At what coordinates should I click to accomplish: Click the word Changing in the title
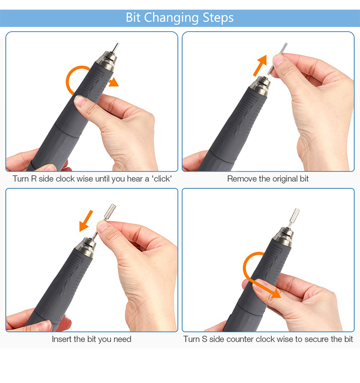(x=171, y=18)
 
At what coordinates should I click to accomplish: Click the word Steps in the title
(x=218, y=18)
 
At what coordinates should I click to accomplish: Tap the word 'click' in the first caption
(x=162, y=179)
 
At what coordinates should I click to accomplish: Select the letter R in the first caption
(x=34, y=179)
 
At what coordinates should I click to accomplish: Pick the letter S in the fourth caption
(x=204, y=339)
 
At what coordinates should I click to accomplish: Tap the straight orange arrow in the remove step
(x=260, y=65)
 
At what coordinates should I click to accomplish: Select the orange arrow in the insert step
(x=86, y=221)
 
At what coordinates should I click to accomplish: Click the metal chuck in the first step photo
(x=107, y=61)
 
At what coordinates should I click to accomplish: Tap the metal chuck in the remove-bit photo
(x=260, y=86)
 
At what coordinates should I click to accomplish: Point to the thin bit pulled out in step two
(x=277, y=59)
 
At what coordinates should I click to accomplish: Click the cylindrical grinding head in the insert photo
(x=110, y=211)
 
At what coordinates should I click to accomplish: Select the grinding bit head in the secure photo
(x=294, y=216)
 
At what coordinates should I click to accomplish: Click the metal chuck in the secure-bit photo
(x=283, y=236)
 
